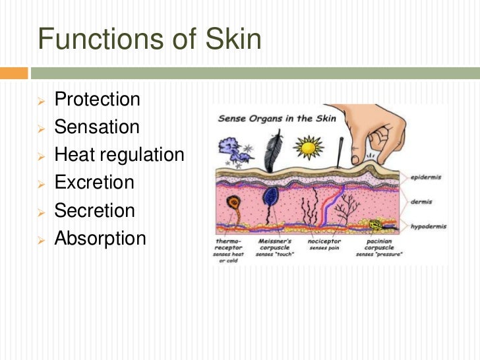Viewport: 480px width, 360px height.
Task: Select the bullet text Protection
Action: point(97,100)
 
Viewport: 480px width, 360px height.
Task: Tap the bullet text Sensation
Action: point(97,127)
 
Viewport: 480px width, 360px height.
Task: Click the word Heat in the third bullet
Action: point(71,155)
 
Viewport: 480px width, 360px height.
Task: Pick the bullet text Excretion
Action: point(94,183)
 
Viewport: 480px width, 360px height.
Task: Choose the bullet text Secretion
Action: point(94,210)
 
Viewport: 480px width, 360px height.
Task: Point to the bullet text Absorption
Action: point(100,238)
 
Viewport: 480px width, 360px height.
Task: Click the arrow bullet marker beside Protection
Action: point(41,100)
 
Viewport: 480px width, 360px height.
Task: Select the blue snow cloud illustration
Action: point(235,150)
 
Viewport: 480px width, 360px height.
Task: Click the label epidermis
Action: point(425,177)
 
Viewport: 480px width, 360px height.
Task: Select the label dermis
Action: point(421,202)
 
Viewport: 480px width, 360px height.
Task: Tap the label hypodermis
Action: point(427,226)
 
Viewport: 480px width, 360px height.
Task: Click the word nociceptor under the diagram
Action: point(323,241)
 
